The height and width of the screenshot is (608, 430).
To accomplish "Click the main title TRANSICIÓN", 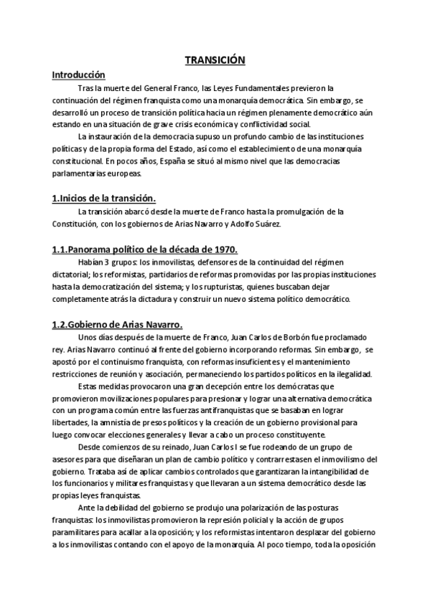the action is [x=215, y=61].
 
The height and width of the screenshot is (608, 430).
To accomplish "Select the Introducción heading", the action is [x=79, y=75].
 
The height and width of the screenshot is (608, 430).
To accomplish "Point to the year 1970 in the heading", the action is [x=222, y=249].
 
